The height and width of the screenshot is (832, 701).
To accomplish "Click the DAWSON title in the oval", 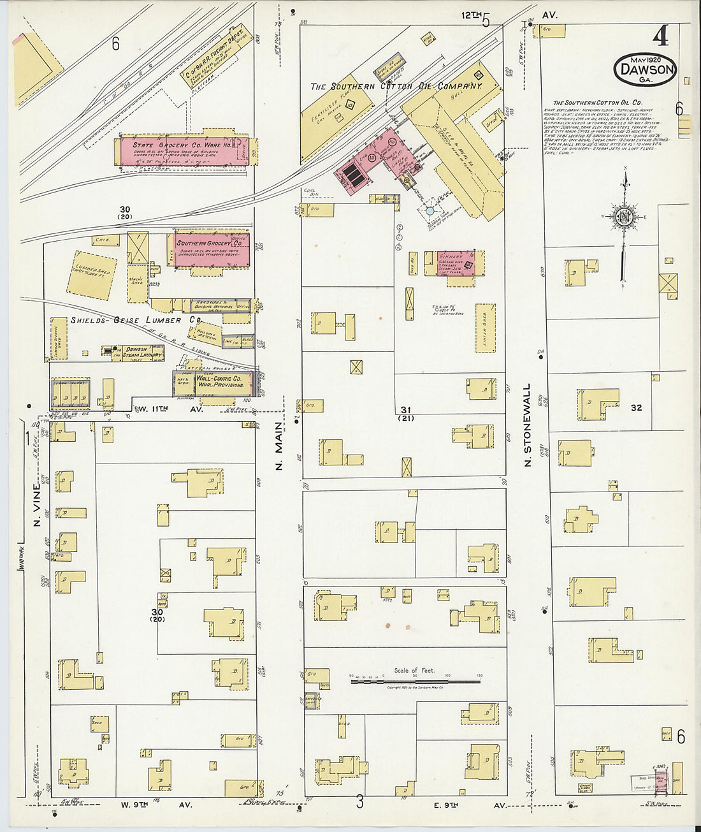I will tap(646, 69).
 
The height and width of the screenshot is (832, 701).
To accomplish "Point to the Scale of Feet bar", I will tap(416, 682).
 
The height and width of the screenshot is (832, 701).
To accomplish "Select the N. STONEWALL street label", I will tap(527, 425).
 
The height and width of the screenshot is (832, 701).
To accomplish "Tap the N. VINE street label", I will tap(36, 507).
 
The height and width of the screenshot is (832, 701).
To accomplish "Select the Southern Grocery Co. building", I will tap(212, 249).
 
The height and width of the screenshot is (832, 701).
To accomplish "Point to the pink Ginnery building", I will tap(456, 263).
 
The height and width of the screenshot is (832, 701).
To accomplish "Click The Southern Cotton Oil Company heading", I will tap(395, 86).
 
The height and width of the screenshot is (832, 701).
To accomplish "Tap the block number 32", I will tap(636, 408).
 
